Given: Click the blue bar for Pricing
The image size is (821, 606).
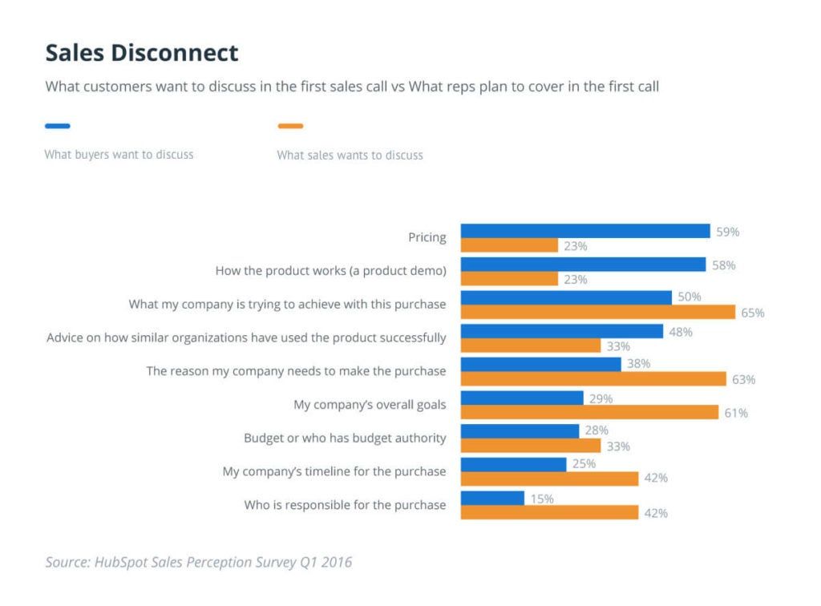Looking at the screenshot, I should click(x=585, y=231).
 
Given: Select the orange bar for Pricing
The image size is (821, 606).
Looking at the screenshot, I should click(x=509, y=245).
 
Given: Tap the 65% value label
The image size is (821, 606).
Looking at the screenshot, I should click(x=752, y=313).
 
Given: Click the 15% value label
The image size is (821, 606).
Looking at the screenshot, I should click(x=541, y=499).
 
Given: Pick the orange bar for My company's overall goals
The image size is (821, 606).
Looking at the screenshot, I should click(x=589, y=412).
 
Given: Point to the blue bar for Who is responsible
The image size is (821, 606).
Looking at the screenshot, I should click(x=492, y=499).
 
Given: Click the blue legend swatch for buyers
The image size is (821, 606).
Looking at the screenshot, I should click(x=58, y=126).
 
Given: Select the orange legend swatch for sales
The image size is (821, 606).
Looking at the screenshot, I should click(x=290, y=126).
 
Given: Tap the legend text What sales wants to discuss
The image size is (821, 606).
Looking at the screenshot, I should click(x=350, y=155).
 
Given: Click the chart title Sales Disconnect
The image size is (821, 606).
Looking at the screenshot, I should click(x=142, y=53).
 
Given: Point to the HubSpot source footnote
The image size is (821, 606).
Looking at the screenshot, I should click(x=198, y=562).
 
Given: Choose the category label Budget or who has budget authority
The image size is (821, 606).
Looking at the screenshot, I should click(x=345, y=438).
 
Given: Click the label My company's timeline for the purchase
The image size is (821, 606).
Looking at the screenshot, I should click(x=334, y=471).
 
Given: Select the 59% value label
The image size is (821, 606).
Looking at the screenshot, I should click(x=727, y=232).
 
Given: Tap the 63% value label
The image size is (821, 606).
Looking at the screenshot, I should click(x=743, y=379).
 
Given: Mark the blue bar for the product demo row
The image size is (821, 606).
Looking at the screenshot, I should click(x=583, y=265).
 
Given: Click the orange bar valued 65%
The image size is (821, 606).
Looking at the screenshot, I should click(x=597, y=313).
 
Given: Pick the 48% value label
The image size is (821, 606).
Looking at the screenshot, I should click(x=681, y=331).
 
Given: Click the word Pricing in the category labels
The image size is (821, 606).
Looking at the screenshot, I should click(x=427, y=237).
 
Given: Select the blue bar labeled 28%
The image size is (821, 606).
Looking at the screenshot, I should click(x=520, y=431).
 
